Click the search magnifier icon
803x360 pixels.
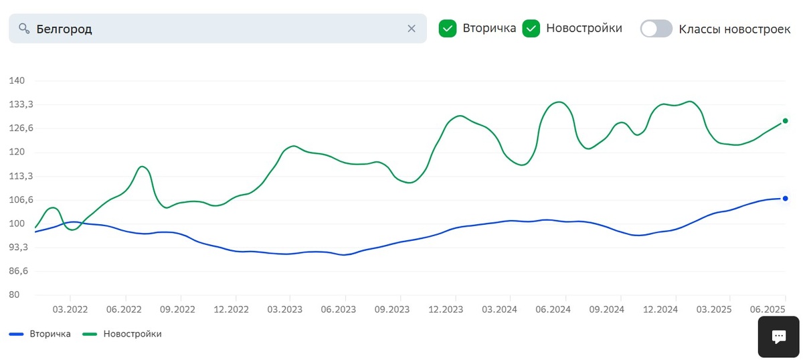point(24,29)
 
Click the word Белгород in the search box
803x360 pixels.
point(64,29)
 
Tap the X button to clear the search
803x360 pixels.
point(412,29)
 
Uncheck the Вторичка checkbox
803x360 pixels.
point(448,29)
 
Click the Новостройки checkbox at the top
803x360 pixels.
point(531,29)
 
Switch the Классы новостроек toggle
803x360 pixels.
point(656,29)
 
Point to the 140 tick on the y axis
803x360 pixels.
point(16,81)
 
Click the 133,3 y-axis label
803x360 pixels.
point(16,105)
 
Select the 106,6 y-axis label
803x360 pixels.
point(16,200)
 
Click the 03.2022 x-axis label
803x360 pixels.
point(70,309)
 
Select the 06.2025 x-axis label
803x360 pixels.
point(767,309)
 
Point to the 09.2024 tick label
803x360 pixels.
point(606,309)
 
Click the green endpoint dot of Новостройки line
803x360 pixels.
point(785,121)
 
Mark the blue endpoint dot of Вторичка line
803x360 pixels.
point(785,198)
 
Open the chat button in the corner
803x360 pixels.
point(779,337)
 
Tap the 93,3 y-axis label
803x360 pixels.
point(16,248)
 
